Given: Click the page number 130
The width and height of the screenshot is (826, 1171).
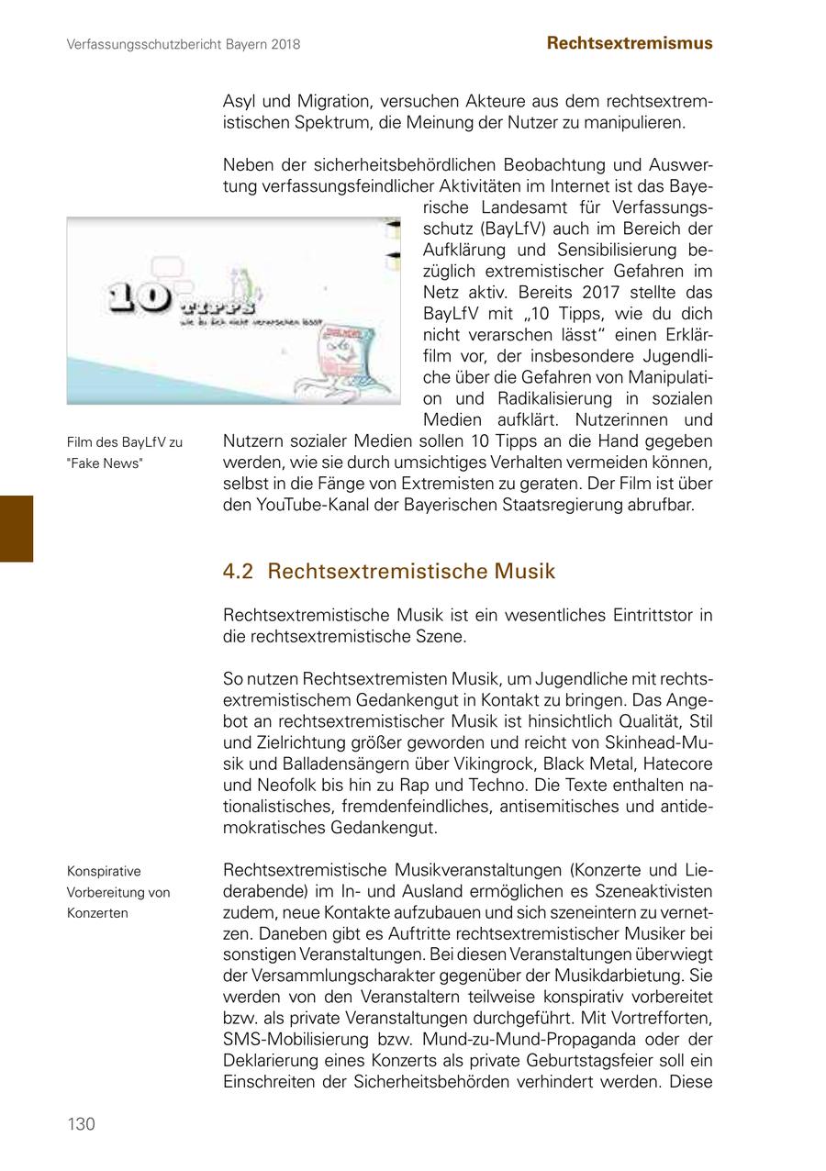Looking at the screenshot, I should click(81, 1124).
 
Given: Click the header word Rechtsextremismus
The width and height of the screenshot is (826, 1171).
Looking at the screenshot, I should click(629, 43).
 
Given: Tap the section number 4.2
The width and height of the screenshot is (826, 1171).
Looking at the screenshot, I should click(238, 572).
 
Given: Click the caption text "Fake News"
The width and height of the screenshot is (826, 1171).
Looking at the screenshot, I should click(105, 463).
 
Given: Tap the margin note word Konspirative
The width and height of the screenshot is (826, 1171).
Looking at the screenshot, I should click(104, 871).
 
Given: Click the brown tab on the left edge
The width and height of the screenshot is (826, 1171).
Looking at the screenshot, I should click(17, 528).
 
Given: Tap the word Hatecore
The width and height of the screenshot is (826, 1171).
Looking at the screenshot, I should click(677, 764).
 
